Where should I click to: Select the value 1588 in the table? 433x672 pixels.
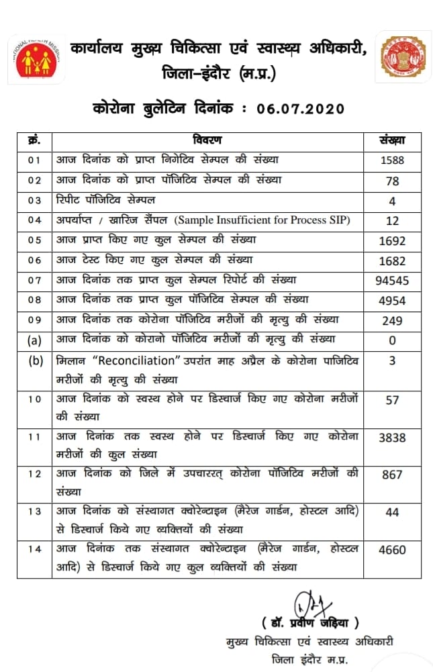[393, 161]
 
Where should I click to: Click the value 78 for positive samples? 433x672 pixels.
[393, 181]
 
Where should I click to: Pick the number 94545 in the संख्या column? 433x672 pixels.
[393, 281]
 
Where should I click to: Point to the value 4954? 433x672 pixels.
[393, 300]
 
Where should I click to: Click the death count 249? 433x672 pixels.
[393, 321]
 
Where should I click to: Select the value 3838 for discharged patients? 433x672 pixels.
[393, 437]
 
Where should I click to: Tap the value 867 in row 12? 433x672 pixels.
[393, 475]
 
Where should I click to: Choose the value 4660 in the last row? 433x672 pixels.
[393, 549]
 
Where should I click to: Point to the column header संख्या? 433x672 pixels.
[393, 140]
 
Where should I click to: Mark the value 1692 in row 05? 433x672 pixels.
[393, 240]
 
